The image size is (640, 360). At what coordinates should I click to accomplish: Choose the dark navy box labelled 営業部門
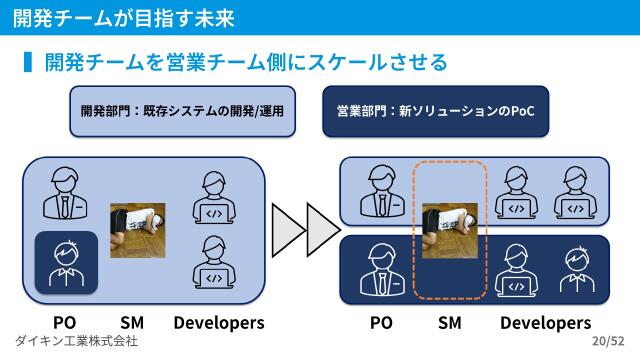(x=436, y=112)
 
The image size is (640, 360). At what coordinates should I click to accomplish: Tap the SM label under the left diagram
(x=132, y=323)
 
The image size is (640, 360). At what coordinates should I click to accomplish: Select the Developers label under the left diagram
(x=218, y=323)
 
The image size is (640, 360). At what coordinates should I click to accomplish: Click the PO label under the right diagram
(x=381, y=323)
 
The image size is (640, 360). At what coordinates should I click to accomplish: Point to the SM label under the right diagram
(x=450, y=323)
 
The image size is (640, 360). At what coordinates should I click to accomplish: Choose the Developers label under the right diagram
(x=545, y=323)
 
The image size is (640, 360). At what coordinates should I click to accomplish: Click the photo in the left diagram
(x=136, y=232)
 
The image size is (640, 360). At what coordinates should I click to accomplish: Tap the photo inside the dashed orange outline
(x=450, y=231)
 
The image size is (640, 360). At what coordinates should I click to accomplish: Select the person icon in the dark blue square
(x=66, y=264)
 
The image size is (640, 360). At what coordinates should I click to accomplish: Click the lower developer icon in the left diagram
(x=214, y=262)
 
